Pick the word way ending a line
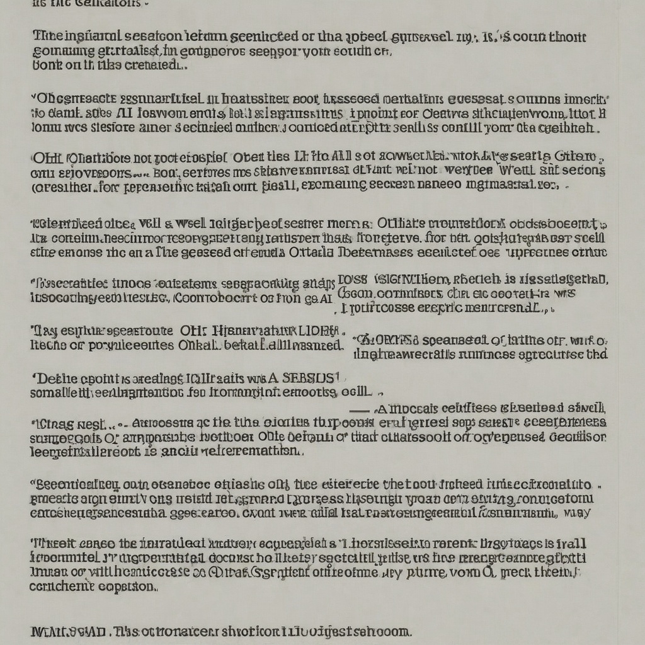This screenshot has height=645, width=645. (577, 513)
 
